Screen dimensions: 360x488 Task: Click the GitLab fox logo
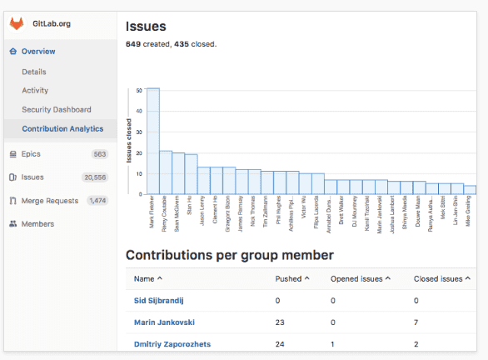coord(16,24)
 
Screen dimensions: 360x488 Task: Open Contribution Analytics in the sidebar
coord(62,129)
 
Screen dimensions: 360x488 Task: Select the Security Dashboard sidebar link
coord(57,110)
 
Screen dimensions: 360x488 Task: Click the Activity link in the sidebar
coord(35,91)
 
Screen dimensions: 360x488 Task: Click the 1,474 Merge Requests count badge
coord(97,201)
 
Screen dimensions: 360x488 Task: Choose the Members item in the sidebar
coord(37,224)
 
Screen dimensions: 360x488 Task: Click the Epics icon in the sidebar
coord(12,154)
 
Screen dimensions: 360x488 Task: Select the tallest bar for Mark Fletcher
coord(153,141)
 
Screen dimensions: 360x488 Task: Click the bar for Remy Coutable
coord(166,172)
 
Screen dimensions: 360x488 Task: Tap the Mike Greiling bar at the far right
coord(470,190)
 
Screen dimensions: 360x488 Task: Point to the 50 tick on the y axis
coord(138,90)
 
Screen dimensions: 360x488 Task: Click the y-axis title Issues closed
coord(129,142)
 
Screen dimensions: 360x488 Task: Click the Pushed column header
coord(292,279)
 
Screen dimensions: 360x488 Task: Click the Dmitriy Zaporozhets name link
coord(172,343)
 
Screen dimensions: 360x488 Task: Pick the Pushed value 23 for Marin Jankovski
coord(281,322)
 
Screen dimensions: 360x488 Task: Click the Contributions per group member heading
coord(229,254)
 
